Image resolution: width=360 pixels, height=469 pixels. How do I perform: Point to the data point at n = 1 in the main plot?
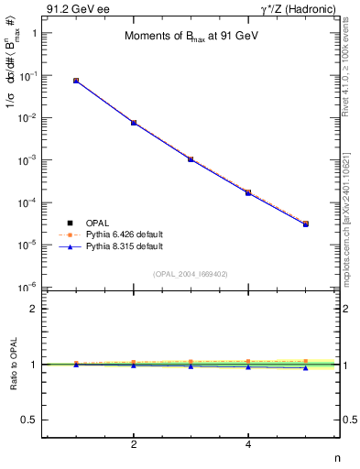click(x=76, y=81)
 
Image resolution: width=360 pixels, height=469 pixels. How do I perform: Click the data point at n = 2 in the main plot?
click(x=134, y=123)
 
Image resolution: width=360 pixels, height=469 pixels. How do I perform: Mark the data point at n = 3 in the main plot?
click(x=191, y=159)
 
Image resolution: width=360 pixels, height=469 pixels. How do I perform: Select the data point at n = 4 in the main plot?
click(x=248, y=192)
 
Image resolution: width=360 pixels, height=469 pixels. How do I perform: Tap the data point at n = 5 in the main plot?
click(x=306, y=224)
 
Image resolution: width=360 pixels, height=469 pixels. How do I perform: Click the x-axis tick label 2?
click(x=134, y=445)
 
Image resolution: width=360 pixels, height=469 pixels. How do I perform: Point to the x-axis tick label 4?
click(x=248, y=445)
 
